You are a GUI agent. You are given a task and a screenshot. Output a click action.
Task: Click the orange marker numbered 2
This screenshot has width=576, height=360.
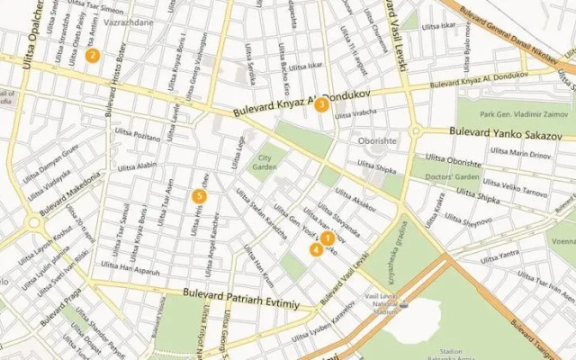(x=91, y=55)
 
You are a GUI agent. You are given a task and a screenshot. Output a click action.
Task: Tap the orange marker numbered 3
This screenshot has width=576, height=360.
(x=321, y=104)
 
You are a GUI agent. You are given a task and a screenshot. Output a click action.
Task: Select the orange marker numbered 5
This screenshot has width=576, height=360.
(x=200, y=195)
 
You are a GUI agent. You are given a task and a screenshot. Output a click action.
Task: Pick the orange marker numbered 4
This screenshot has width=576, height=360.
(x=316, y=249)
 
